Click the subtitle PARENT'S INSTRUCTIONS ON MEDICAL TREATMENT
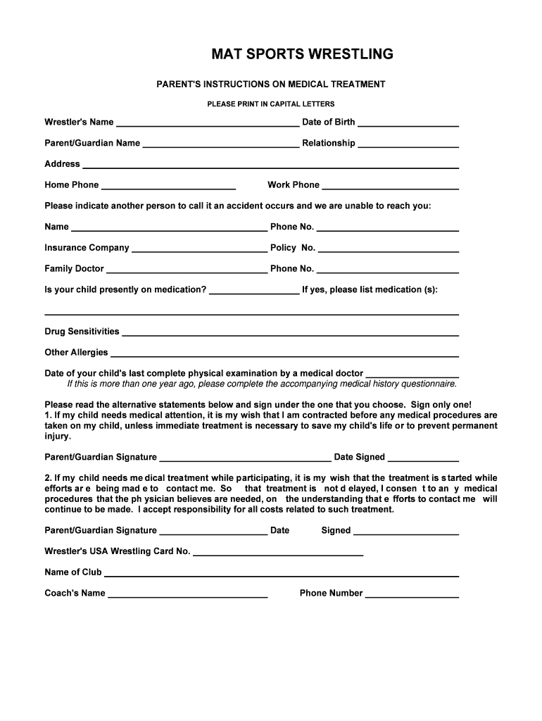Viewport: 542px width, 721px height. (270, 84)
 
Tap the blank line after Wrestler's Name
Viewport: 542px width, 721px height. (207, 123)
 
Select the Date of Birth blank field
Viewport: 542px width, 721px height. (408, 123)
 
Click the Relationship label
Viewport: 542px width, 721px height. (329, 144)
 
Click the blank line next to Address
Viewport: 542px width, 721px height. (271, 165)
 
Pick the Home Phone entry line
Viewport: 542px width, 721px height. (168, 186)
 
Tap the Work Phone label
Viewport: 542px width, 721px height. (294, 185)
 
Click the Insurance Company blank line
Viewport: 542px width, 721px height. (199, 249)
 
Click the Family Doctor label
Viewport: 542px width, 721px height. (74, 269)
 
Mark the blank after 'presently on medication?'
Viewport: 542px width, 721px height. (254, 291)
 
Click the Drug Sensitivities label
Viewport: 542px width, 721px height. (82, 332)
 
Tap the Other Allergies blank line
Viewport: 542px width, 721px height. (284, 353)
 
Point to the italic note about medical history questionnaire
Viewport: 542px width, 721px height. (262, 384)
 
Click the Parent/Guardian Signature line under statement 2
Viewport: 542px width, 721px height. (213, 532)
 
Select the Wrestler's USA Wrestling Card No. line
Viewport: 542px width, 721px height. (278, 553)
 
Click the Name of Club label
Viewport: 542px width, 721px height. (73, 572)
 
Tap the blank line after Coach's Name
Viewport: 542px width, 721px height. (187, 594)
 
